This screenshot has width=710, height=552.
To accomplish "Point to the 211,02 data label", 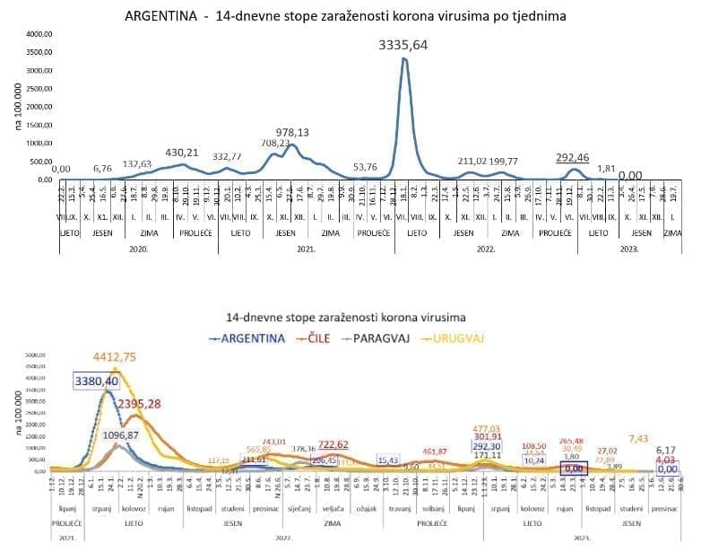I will point(478,162).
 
